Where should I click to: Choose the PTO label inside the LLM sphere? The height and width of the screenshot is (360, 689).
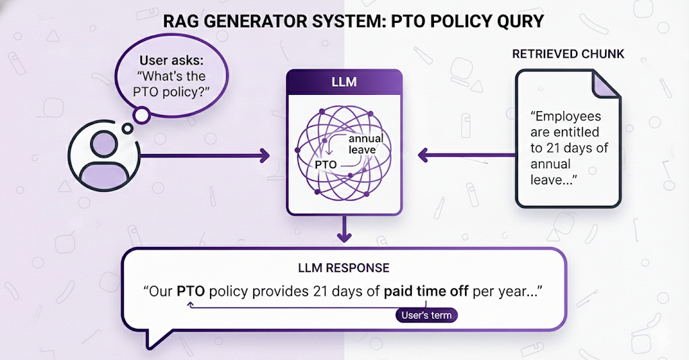pyautogui.click(x=326, y=164)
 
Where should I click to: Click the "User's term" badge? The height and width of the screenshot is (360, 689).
pyautogui.click(x=426, y=315)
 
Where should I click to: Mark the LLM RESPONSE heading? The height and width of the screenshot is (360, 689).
pyautogui.click(x=344, y=268)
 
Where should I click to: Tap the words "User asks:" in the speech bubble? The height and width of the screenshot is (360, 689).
pyautogui.click(x=171, y=61)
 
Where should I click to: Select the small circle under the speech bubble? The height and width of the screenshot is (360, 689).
pyautogui.click(x=141, y=116)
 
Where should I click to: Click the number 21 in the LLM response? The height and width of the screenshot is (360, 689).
pyautogui.click(x=320, y=293)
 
